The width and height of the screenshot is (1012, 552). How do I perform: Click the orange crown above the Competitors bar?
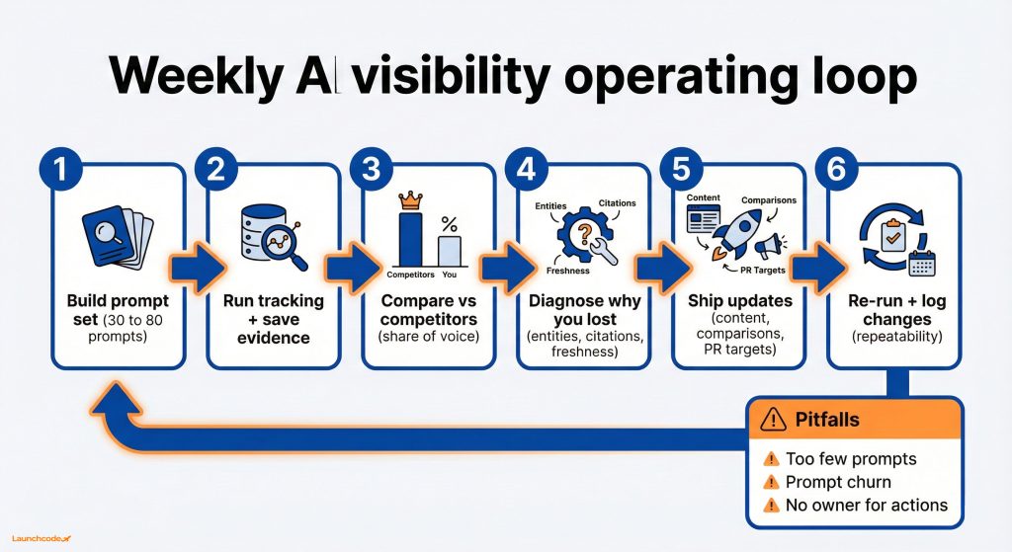tap(410, 200)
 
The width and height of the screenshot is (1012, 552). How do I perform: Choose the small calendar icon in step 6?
tap(921, 263)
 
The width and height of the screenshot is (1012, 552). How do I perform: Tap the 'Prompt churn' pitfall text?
tap(838, 482)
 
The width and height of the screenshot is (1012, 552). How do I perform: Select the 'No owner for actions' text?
tap(866, 506)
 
